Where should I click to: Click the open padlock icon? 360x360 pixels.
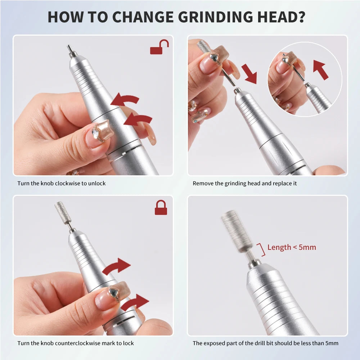click(159, 48)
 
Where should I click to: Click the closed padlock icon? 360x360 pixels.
click(161, 208)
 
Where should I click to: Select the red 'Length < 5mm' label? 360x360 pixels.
click(292, 247)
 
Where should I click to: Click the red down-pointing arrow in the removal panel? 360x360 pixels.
click(249, 73)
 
